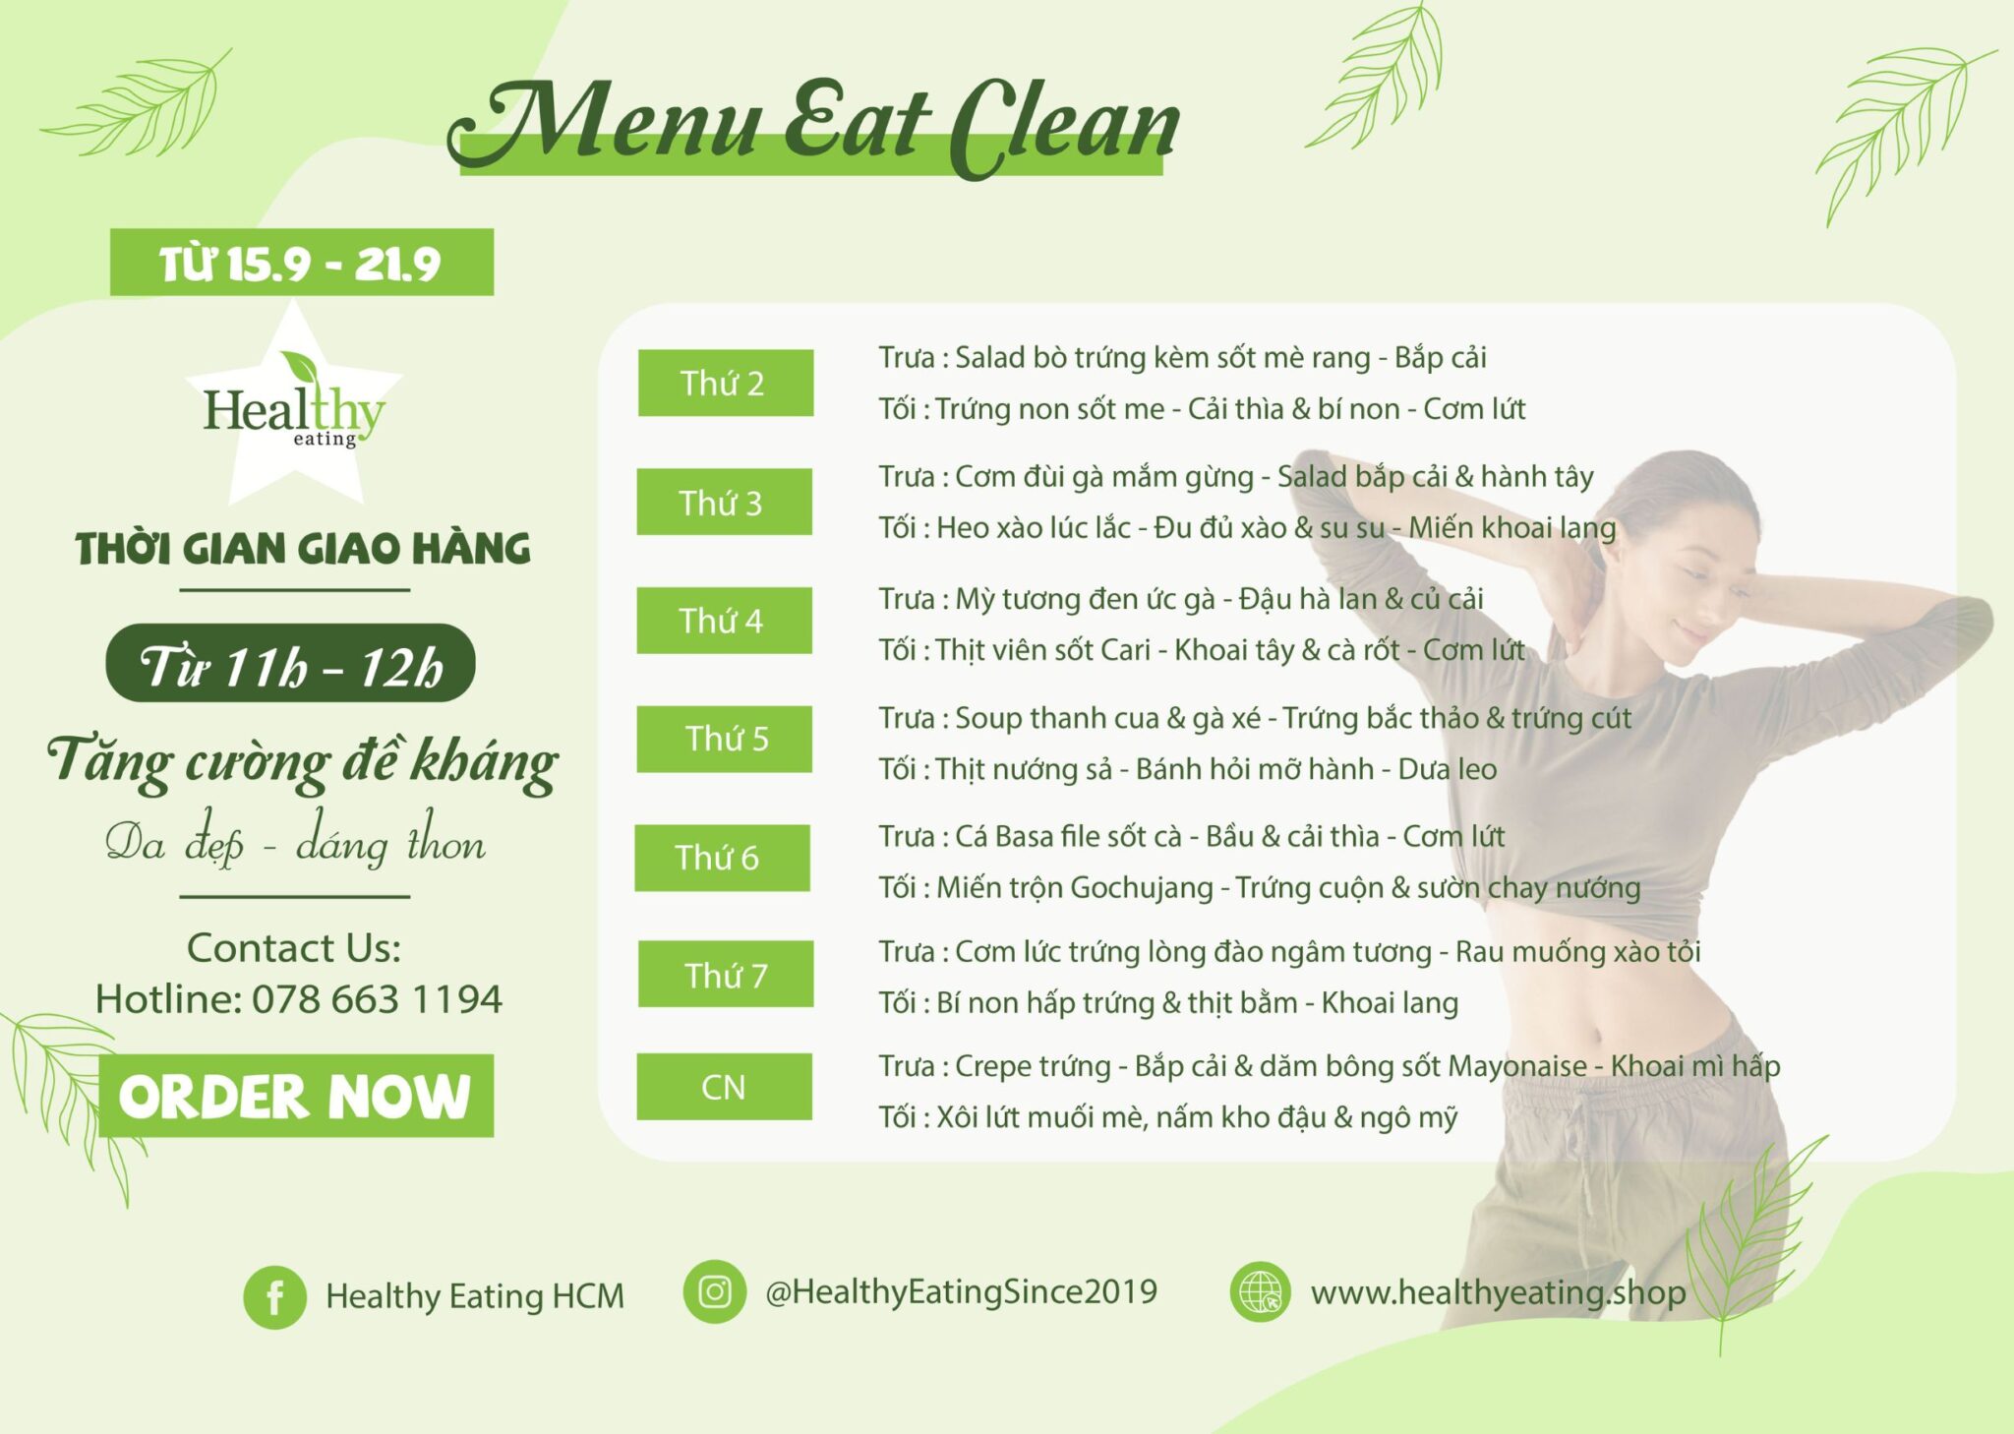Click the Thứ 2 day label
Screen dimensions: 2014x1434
[x=726, y=383]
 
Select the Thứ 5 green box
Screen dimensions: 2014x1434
[x=725, y=739]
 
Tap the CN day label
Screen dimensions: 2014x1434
[x=725, y=1087]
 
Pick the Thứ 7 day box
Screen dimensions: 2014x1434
[x=726, y=974]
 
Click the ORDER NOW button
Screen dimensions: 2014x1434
[x=296, y=1096]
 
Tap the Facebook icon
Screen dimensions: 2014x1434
[x=274, y=1297]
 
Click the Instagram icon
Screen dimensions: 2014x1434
[x=715, y=1291]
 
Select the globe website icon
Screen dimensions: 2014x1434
[x=1260, y=1291]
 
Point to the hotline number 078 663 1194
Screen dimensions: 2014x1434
[x=378, y=999]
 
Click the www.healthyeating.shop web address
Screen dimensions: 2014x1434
[x=1498, y=1292]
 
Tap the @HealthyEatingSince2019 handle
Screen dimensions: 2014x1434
[x=961, y=1291]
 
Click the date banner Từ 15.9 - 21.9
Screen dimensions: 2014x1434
[x=302, y=263]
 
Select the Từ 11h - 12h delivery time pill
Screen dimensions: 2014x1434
[x=290, y=663]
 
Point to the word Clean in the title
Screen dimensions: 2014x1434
[x=1065, y=126]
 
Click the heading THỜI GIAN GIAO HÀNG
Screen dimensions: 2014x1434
[x=303, y=549]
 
